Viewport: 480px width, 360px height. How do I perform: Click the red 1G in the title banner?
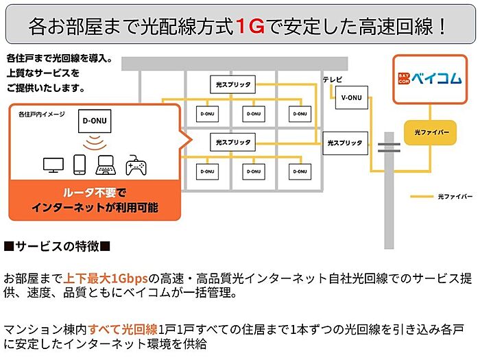(250, 26)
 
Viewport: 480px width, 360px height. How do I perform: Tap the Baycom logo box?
(430, 80)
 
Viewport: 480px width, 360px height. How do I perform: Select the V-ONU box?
(351, 97)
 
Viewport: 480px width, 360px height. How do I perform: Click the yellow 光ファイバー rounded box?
(430, 132)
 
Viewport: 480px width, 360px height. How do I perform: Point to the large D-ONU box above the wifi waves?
(95, 121)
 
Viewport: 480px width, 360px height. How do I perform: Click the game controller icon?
(136, 165)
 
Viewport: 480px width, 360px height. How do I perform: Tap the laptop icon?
(106, 165)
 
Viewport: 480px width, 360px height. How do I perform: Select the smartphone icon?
(80, 165)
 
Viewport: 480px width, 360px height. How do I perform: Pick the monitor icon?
(53, 165)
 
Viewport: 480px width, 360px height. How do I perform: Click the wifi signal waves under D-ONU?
(95, 143)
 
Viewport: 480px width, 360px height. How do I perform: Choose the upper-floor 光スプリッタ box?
(232, 84)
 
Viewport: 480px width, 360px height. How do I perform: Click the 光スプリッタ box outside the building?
(345, 143)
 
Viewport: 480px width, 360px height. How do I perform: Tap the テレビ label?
(332, 80)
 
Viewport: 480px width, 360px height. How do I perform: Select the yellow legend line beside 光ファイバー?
(422, 197)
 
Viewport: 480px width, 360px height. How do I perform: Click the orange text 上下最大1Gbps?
(106, 278)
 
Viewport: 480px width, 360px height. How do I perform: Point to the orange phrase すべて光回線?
(123, 329)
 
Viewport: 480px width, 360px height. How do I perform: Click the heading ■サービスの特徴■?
(57, 246)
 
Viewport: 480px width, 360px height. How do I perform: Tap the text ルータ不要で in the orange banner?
(95, 193)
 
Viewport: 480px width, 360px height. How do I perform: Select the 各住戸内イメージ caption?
(42, 115)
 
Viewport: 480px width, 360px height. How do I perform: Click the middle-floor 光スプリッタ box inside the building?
(232, 143)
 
